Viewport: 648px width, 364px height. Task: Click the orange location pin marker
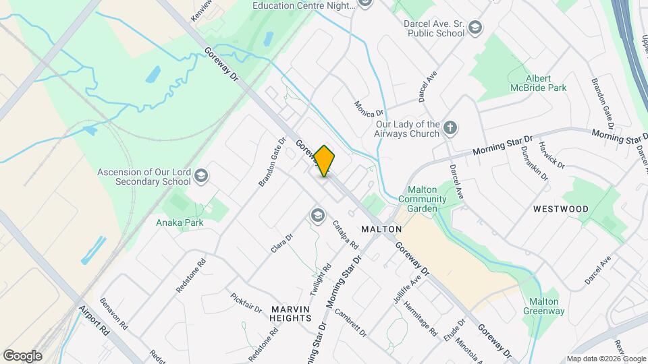click(325, 161)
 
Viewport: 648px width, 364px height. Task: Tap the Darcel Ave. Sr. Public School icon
click(475, 28)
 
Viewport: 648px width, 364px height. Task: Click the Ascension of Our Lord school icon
click(200, 177)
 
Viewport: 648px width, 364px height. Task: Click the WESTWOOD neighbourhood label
click(560, 209)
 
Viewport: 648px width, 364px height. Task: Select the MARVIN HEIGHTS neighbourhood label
click(291, 313)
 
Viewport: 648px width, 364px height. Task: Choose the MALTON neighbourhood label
click(382, 229)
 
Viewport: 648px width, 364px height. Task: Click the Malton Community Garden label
click(423, 199)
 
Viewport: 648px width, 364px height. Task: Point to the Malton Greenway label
click(543, 306)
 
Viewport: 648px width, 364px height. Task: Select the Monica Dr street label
click(369, 107)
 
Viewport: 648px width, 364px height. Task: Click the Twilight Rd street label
click(321, 279)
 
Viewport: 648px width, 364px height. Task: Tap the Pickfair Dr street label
click(246, 303)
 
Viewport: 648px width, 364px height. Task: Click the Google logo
click(22, 355)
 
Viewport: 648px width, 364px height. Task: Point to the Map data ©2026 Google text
click(605, 359)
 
